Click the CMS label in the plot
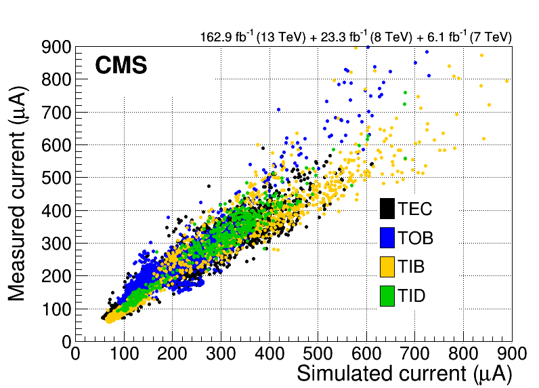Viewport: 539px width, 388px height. [x=121, y=66]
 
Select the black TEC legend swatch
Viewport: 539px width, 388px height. [x=387, y=210]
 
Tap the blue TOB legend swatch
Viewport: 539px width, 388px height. [x=387, y=238]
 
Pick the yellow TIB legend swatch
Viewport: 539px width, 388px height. [x=387, y=267]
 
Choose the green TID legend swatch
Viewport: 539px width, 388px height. [x=387, y=295]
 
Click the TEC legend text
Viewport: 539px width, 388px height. [x=414, y=210]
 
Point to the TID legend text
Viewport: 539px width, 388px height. [x=412, y=296]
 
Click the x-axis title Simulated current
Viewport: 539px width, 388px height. [x=404, y=374]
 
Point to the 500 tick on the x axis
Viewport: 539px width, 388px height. [x=318, y=354]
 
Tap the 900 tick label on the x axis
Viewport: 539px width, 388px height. [x=511, y=354]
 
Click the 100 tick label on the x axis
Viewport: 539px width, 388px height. [x=124, y=354]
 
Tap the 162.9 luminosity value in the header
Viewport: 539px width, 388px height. [x=215, y=37]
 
